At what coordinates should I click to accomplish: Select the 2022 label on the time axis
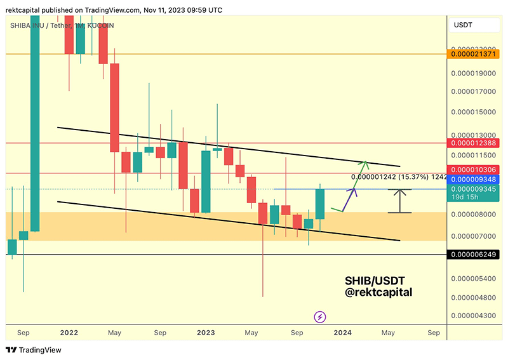pos(69,332)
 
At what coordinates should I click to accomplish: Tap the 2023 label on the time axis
pos(206,332)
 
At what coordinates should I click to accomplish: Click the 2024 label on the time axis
pos(342,332)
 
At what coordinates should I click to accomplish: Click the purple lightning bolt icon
pos(321,317)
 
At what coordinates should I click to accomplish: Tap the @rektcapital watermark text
pos(378,292)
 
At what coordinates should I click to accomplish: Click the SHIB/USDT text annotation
pos(375,280)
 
